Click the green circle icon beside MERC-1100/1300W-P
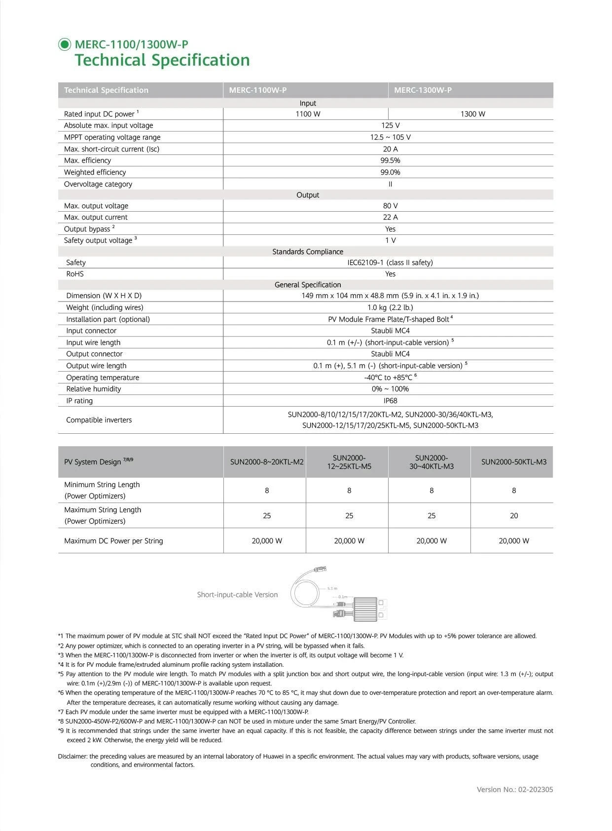click(65, 44)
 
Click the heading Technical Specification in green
click(162, 60)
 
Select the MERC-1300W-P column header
click(423, 90)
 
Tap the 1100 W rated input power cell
click(308, 114)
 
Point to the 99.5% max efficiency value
click(390, 160)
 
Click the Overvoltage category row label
click(98, 184)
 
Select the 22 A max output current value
click(390, 217)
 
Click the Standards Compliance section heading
click(308, 252)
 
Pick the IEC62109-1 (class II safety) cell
click(390, 263)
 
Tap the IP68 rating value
click(390, 401)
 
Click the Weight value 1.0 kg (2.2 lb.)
click(390, 307)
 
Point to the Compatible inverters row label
click(99, 420)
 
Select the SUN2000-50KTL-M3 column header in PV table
click(514, 462)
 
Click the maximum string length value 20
click(514, 516)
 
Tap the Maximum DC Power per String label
click(113, 541)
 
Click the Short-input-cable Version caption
click(237, 595)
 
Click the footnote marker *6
click(61, 693)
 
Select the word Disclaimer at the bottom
click(72, 756)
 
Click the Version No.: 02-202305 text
click(514, 790)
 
